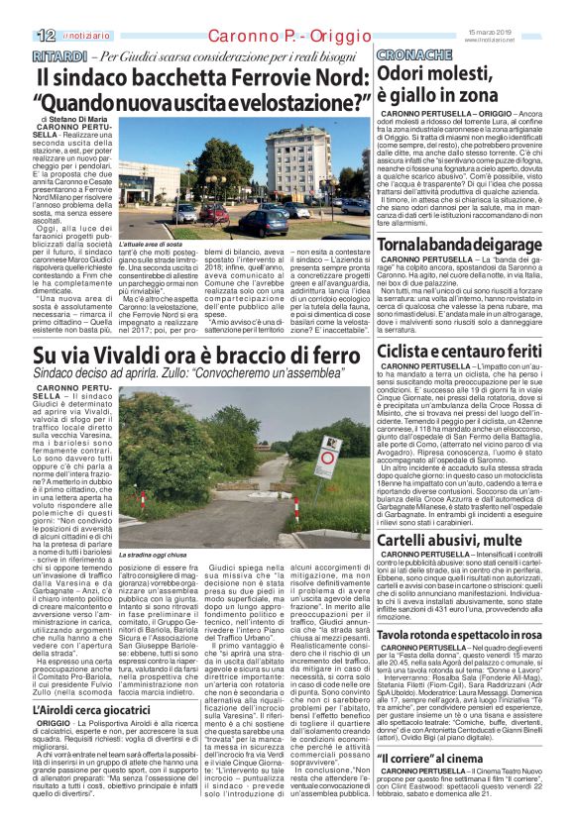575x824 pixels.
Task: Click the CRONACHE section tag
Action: coord(411,55)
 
